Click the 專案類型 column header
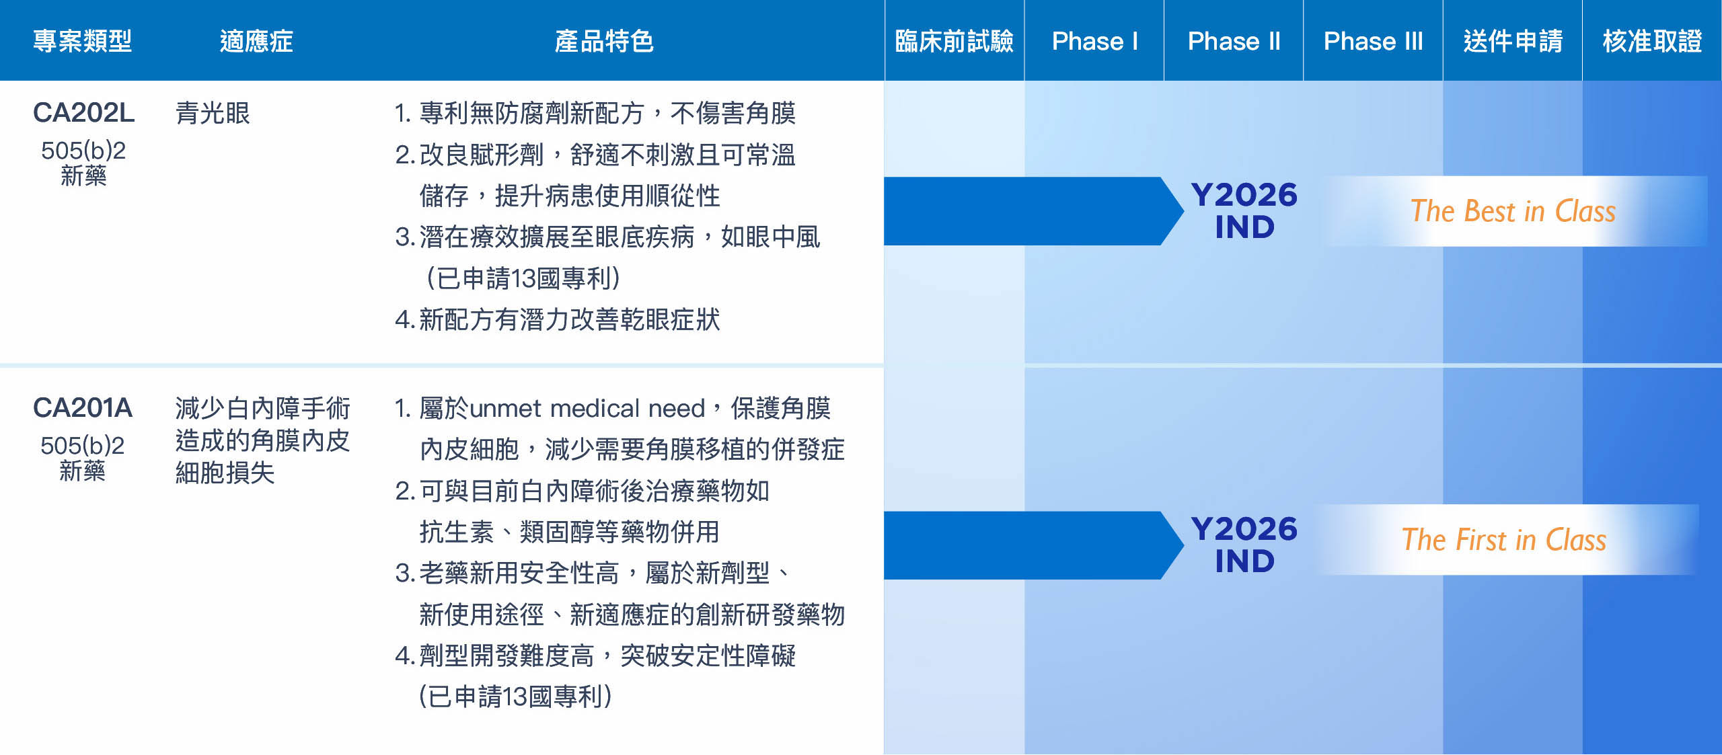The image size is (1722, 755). click(83, 42)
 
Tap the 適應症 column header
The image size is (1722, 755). click(256, 42)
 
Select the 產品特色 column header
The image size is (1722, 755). click(604, 42)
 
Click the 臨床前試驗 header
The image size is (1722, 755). click(954, 42)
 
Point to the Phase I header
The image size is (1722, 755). click(1094, 42)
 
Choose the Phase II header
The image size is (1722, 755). click(1234, 42)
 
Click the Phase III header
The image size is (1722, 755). click(1373, 42)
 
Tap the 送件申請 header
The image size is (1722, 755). click(1513, 42)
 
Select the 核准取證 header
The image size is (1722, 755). click(1652, 42)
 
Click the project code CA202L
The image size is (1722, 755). click(84, 113)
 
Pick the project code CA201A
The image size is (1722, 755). click(83, 408)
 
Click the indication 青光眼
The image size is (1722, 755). click(213, 113)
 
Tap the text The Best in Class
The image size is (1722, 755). click(1513, 211)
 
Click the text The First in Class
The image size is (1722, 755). click(1504, 540)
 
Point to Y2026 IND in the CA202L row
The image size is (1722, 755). click(1244, 210)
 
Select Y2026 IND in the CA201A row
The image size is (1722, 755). click(1244, 545)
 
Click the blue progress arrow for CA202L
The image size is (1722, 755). click(1034, 211)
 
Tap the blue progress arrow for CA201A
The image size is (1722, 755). click(1034, 545)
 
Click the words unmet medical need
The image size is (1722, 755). click(587, 409)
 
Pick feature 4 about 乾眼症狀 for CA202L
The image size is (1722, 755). click(558, 319)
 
